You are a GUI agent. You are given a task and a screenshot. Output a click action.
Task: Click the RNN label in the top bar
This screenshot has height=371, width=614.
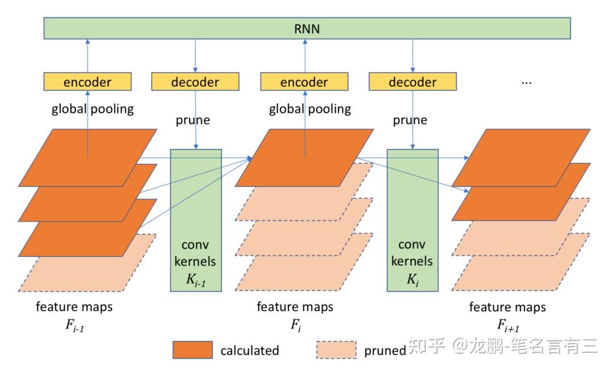click(x=308, y=28)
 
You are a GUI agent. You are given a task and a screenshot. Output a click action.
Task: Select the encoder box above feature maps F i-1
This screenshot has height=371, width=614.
click(x=88, y=82)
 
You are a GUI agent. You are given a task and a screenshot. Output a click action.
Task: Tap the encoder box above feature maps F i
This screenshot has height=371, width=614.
click(x=304, y=82)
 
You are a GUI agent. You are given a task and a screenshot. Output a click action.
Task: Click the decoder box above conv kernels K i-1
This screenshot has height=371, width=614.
click(x=195, y=82)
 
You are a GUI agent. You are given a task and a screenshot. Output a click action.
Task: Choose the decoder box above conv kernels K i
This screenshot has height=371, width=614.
click(x=412, y=82)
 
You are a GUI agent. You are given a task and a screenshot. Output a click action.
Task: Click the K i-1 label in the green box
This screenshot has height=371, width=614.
click(x=196, y=279)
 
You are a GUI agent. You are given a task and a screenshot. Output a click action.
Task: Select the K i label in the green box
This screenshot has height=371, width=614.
click(x=412, y=279)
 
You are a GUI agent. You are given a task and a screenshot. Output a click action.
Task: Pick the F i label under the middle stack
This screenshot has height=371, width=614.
click(x=295, y=326)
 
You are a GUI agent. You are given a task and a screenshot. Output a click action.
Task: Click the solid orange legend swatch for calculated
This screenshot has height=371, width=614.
click(x=193, y=350)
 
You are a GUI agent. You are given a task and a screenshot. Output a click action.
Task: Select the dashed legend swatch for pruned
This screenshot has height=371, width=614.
click(x=336, y=350)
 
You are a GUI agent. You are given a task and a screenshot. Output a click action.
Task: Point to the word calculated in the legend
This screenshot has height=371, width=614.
click(x=250, y=351)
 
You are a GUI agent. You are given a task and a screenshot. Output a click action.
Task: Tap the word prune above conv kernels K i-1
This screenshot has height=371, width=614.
click(x=193, y=120)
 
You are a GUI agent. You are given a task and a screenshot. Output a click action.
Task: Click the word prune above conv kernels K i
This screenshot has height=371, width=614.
click(x=410, y=120)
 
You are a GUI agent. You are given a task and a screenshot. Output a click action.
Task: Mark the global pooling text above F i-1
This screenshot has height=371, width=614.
click(x=93, y=109)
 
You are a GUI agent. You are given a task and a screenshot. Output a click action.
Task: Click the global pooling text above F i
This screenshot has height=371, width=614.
click(x=310, y=109)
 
